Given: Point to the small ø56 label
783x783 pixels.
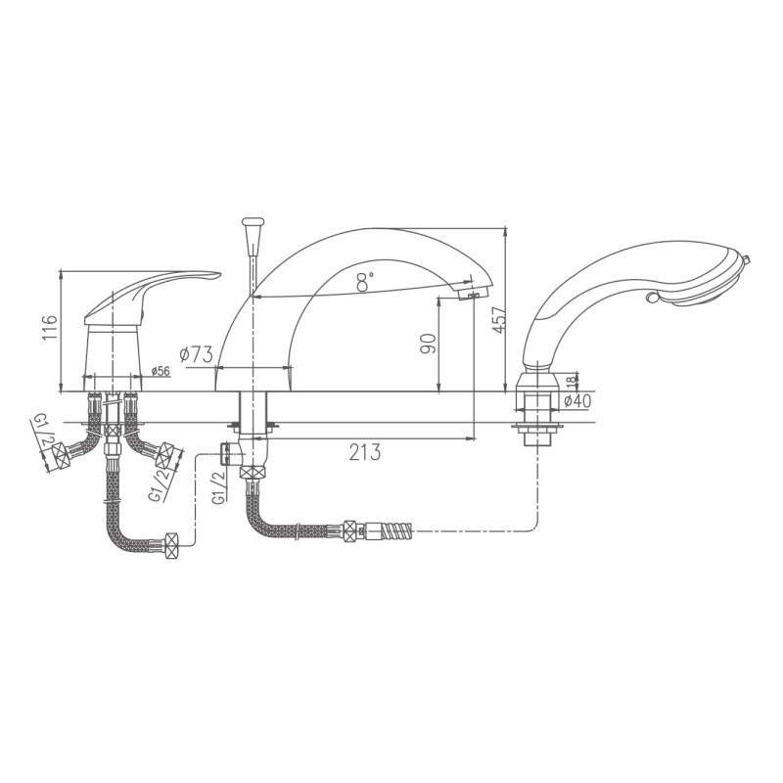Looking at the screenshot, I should pyautogui.click(x=161, y=370).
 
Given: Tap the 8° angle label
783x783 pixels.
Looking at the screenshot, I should pyautogui.click(x=364, y=283).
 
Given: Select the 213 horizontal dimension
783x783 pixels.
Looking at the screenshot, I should pyautogui.click(x=363, y=451).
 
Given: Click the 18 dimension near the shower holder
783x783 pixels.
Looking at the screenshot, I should pyautogui.click(x=574, y=379).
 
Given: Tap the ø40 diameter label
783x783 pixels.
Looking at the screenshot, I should pyautogui.click(x=578, y=399).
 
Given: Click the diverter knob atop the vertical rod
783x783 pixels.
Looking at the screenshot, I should pyautogui.click(x=253, y=225).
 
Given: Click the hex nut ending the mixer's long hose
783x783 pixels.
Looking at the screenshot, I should pyautogui.click(x=171, y=543).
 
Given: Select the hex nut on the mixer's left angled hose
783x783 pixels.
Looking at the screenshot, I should pyautogui.click(x=60, y=453).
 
